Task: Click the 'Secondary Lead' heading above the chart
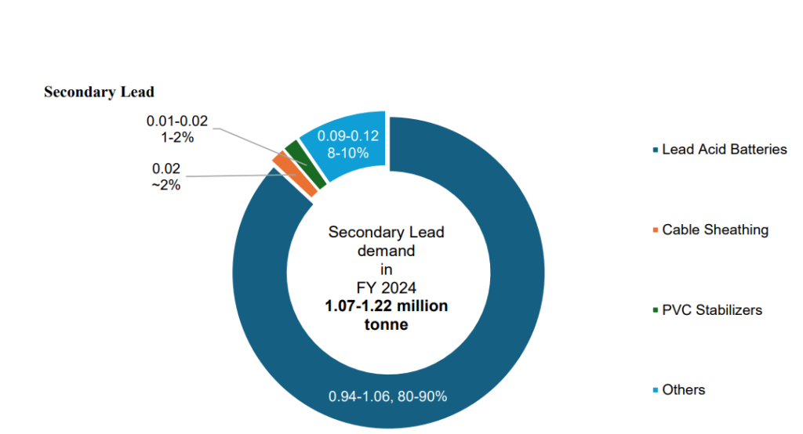99,92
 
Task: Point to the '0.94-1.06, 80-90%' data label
387,396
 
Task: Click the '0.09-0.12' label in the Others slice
348,136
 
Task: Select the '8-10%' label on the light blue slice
348,153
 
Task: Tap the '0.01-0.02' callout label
177,121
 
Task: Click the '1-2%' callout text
177,137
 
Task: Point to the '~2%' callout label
166,185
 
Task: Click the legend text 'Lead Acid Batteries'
724,149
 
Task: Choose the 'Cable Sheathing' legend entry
714,230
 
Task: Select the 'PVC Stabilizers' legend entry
711,309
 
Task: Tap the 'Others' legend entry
683,389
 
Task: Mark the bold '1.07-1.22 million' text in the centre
387,306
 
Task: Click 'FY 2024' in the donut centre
386,288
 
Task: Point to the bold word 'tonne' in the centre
386,324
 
